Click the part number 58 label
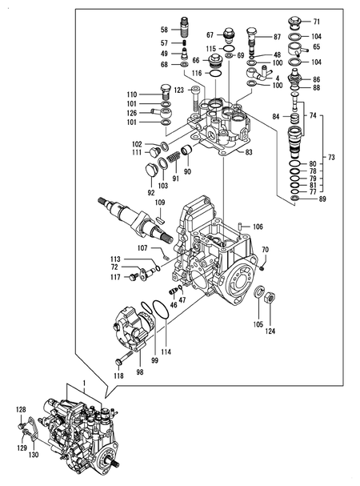[164, 30]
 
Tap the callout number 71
[316, 21]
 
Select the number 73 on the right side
[331, 157]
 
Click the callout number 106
[258, 227]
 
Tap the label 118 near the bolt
[118, 375]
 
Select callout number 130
[33, 455]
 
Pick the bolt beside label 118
[124, 362]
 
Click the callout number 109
[159, 211]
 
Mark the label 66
[194, 60]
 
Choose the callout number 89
[322, 199]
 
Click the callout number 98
[140, 371]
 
